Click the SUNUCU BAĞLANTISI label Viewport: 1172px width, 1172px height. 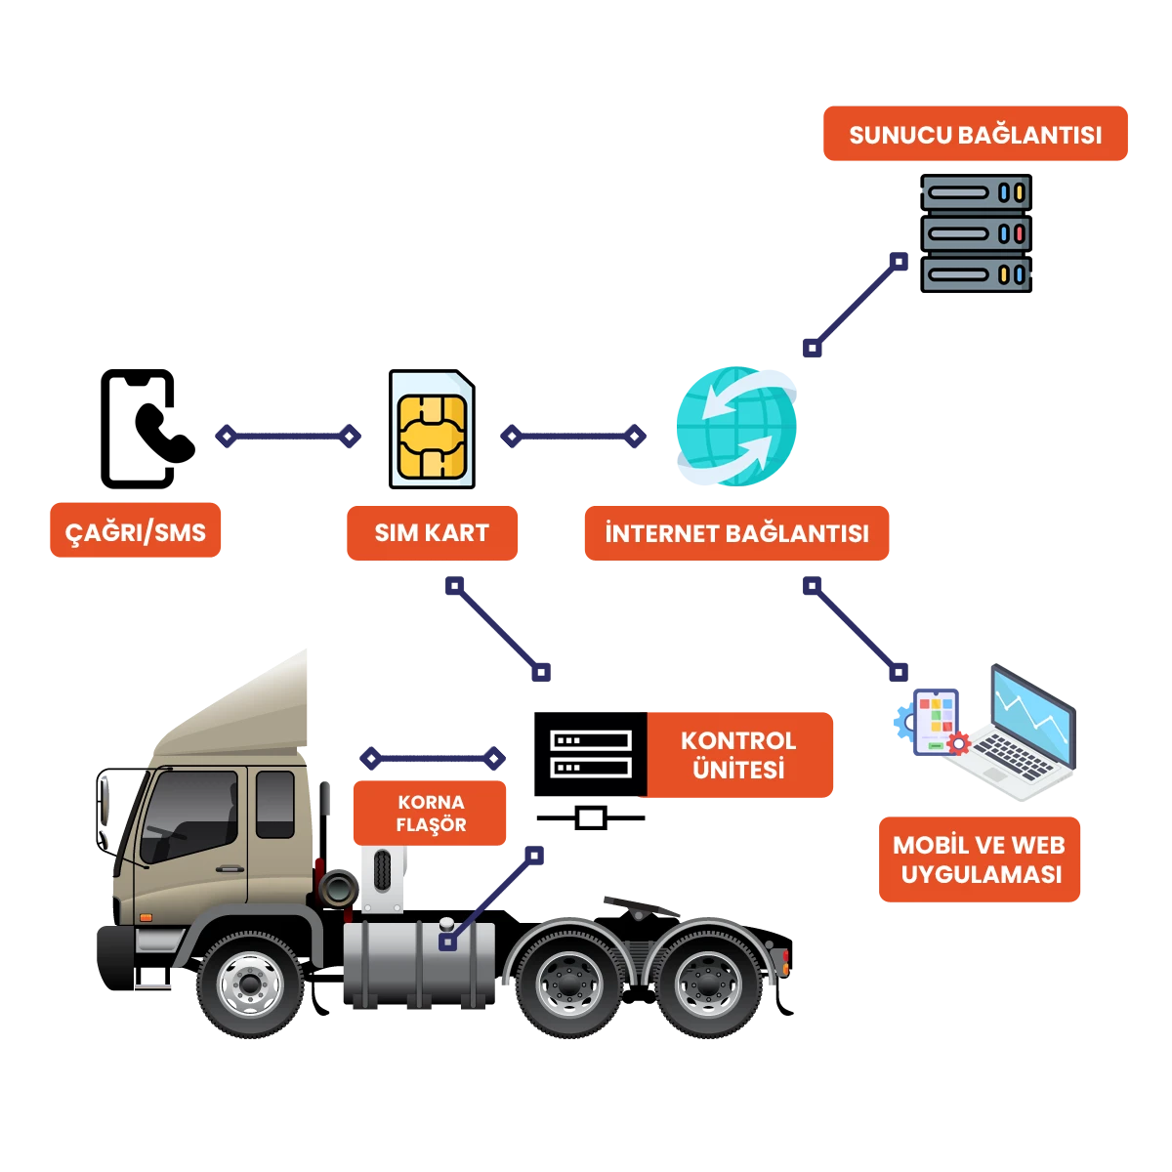click(975, 134)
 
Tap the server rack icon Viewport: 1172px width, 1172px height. click(976, 233)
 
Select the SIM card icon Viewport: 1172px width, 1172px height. click(433, 430)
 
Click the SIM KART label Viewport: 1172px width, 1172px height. click(432, 532)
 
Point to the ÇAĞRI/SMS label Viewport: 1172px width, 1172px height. click(136, 531)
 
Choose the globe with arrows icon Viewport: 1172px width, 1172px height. click(737, 426)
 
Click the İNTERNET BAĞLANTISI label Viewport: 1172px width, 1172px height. click(736, 533)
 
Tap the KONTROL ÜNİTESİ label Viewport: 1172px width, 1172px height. click(739, 755)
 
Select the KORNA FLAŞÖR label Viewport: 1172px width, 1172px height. click(430, 813)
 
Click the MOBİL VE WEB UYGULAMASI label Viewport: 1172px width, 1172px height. click(979, 859)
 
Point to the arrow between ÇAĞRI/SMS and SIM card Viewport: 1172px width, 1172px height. click(288, 436)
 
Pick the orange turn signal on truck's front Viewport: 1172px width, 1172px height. click(146, 917)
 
